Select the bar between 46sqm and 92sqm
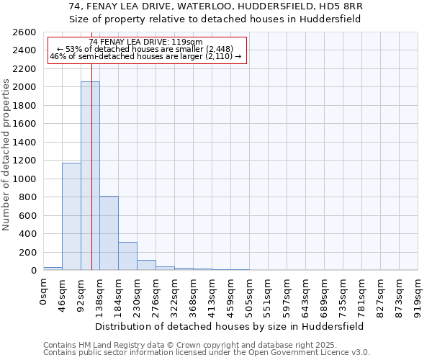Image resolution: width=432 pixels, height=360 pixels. coord(71,216)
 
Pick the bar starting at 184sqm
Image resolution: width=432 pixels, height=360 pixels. coord(127,256)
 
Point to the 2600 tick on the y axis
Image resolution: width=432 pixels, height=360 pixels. coord(25,32)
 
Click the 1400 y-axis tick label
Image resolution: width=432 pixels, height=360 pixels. coord(25,143)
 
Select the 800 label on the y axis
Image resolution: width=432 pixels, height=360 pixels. coord(28,197)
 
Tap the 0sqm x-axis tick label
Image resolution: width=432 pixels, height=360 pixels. coord(44,292)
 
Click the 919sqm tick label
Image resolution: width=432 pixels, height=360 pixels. coord(418,295)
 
